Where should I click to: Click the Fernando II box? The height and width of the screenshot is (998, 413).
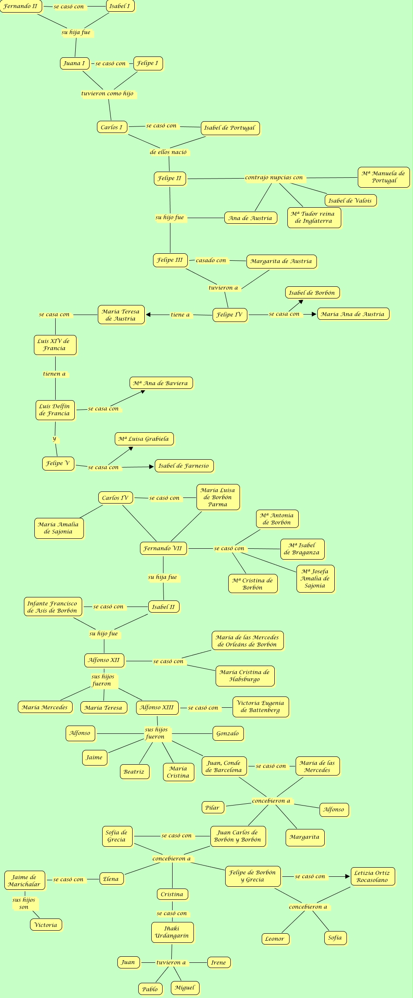click(x=21, y=7)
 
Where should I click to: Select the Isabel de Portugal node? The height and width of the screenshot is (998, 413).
click(x=230, y=128)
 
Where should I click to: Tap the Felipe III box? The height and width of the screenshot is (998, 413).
click(x=170, y=260)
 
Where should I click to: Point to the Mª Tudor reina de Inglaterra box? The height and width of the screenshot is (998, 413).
click(x=314, y=217)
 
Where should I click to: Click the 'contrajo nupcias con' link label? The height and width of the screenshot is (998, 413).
click(x=274, y=178)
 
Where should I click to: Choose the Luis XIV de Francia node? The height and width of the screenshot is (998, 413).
click(x=55, y=345)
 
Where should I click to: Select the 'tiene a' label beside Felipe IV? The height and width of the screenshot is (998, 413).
click(x=180, y=315)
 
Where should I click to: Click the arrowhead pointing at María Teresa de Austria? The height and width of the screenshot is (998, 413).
click(x=148, y=315)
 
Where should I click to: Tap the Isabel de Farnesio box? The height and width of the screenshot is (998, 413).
click(x=184, y=466)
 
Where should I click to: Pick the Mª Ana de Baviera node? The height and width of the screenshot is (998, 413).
click(x=161, y=383)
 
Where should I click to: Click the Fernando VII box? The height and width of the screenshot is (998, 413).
click(x=163, y=548)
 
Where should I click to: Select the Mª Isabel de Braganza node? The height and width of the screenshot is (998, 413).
click(x=302, y=549)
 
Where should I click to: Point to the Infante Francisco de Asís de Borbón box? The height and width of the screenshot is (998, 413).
click(x=52, y=607)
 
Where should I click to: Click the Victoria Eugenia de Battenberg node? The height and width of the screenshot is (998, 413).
click(x=260, y=706)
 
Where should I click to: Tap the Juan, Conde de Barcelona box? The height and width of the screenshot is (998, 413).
click(x=224, y=766)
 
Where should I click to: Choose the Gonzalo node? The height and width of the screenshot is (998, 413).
click(x=228, y=733)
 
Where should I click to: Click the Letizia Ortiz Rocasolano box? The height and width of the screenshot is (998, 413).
click(x=373, y=876)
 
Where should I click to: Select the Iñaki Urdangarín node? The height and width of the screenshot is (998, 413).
click(x=172, y=932)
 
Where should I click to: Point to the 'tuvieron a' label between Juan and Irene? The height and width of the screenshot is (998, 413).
click(x=171, y=962)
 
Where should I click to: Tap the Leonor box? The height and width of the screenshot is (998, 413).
click(x=275, y=938)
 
